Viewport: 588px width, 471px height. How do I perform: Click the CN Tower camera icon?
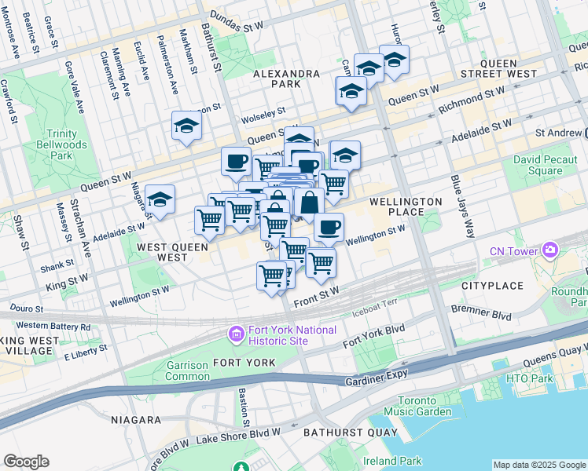[x=550, y=251]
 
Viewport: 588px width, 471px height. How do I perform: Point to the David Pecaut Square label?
[x=538, y=166]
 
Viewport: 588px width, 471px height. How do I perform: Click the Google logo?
[x=26, y=462]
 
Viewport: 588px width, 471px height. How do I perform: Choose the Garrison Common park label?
[x=188, y=371]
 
